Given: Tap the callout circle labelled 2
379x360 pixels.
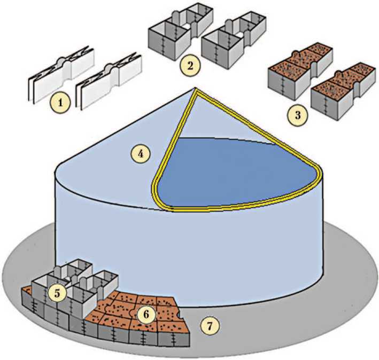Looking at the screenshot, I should (190, 66).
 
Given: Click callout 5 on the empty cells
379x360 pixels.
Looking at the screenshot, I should (57, 292).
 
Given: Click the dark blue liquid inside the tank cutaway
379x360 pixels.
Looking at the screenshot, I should (235, 171).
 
